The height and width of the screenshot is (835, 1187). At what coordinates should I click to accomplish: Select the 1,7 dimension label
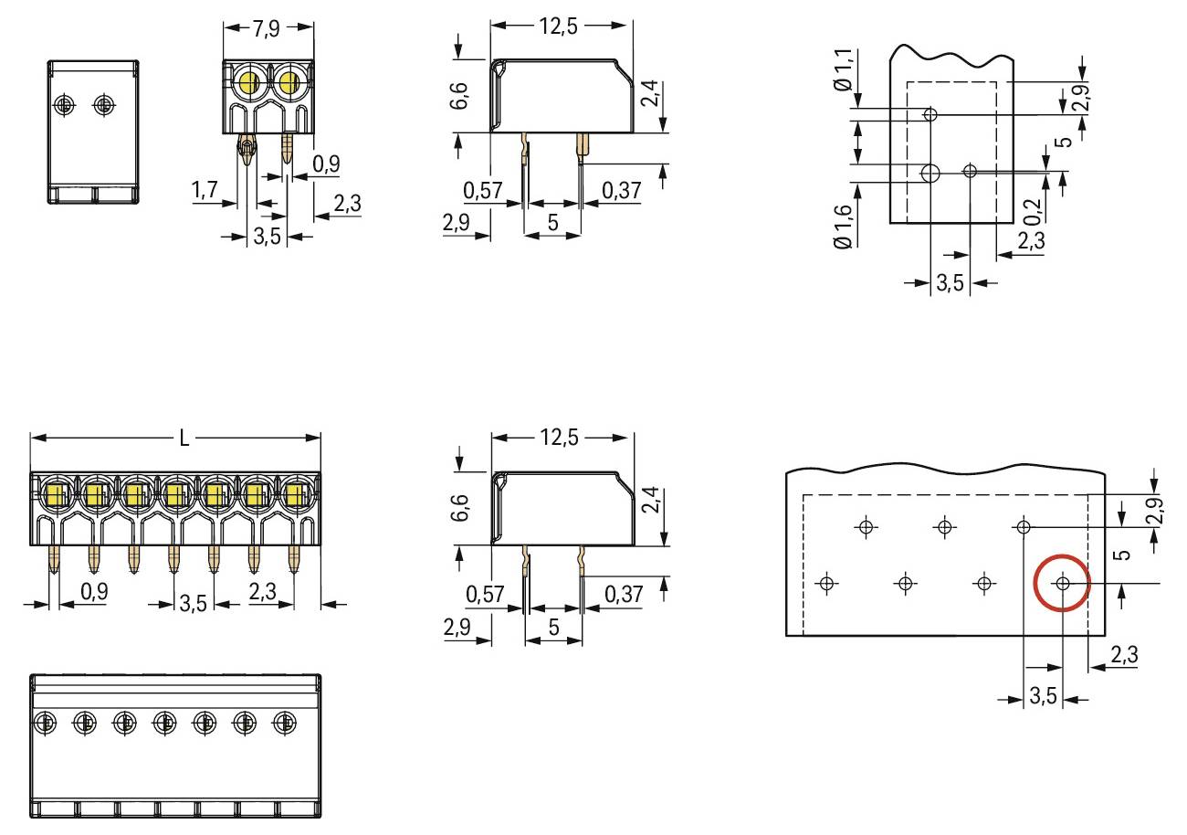[x=205, y=190]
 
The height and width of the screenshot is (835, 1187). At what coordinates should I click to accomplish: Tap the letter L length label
[x=184, y=438]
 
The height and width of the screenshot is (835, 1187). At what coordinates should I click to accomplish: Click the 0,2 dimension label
[x=1031, y=213]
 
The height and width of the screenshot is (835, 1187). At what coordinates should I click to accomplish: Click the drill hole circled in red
[x=1062, y=583]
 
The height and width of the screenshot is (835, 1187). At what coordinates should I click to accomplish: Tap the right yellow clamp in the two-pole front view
[x=289, y=85]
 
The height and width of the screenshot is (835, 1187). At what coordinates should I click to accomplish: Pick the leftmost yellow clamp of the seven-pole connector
[x=52, y=495]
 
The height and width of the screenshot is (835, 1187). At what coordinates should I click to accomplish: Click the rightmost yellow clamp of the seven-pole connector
[x=294, y=495]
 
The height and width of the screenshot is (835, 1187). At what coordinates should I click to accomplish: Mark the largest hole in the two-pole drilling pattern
[x=930, y=172]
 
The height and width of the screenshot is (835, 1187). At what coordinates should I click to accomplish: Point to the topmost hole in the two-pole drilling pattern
[x=930, y=115]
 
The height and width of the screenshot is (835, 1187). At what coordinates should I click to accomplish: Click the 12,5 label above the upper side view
[x=561, y=26]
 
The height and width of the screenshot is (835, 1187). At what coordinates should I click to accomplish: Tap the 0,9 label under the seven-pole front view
[x=93, y=592]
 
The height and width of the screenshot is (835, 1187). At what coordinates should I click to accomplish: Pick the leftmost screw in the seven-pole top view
[x=43, y=724]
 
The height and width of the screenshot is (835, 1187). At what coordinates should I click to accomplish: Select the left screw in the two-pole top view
[x=64, y=104]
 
